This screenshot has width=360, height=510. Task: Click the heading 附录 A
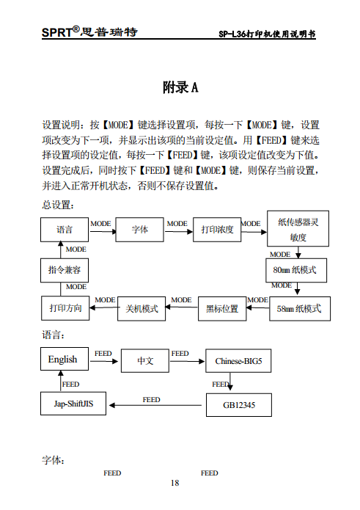180,88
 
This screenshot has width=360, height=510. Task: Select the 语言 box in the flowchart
64,230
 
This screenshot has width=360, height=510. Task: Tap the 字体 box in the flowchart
139,230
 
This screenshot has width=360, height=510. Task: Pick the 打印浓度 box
217,230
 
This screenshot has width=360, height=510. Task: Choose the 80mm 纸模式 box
295,270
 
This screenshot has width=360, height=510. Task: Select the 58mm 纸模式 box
299,309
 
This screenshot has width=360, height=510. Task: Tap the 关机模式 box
142,309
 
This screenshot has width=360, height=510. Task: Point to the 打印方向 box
65,308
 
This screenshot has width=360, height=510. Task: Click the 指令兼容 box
65,270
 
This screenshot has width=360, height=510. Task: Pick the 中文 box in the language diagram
145,361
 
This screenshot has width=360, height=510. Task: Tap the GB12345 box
239,404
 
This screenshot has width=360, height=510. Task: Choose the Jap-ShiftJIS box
73,404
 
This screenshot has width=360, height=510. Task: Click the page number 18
175,483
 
